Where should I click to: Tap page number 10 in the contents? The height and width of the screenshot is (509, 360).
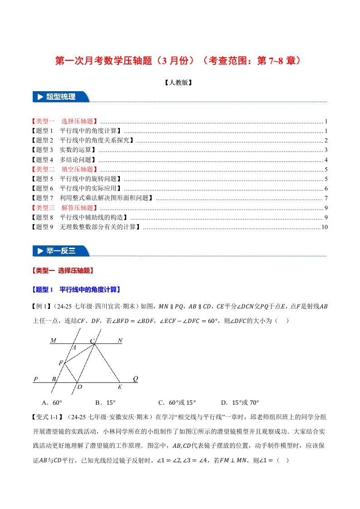tap(324, 227)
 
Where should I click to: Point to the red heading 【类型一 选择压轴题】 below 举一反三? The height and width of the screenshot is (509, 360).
tap(63, 270)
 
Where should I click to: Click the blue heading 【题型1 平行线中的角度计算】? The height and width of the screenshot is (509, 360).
tap(76, 289)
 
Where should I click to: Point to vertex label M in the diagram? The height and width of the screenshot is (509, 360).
tap(53, 340)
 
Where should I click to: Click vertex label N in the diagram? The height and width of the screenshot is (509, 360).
tap(120, 340)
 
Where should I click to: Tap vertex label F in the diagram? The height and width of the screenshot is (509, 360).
tap(60, 363)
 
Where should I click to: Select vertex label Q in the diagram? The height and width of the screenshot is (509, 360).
tap(135, 378)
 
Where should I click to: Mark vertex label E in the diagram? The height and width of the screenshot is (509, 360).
tap(120, 387)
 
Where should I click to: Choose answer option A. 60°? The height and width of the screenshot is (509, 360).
tap(52, 402)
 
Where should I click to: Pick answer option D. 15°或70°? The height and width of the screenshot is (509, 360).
tap(240, 402)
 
